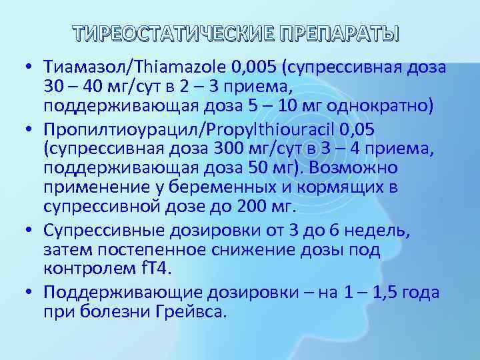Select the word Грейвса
pos(193,311)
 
